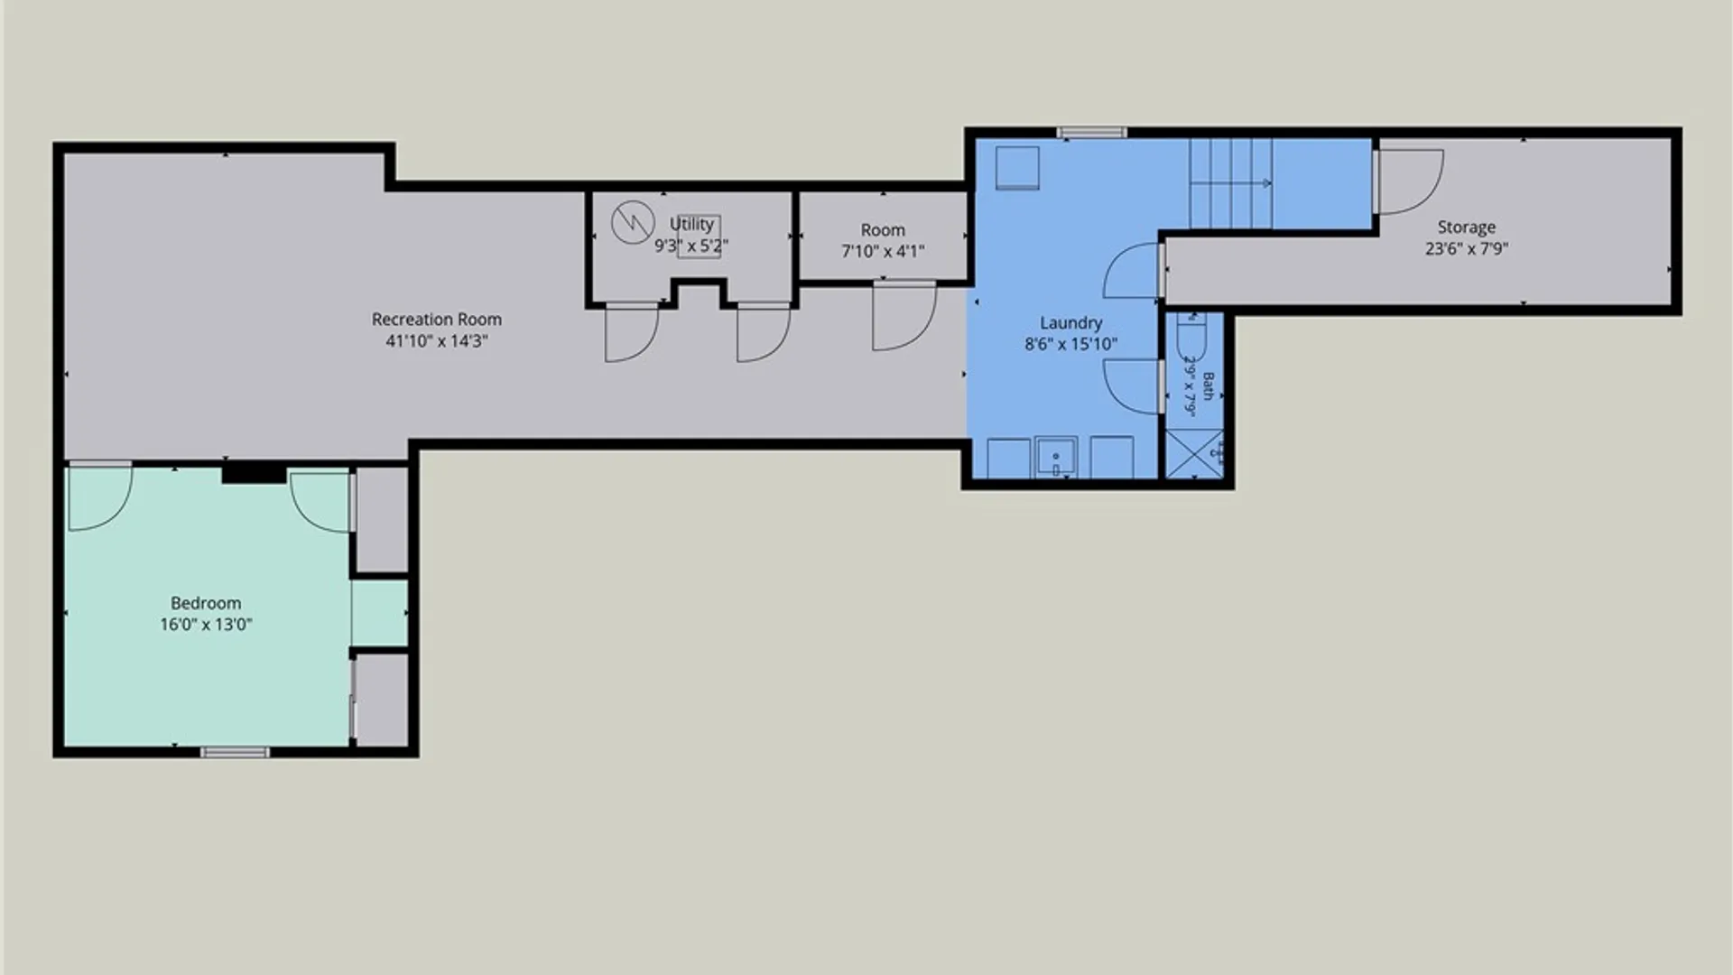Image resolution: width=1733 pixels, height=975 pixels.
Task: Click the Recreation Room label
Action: click(x=437, y=320)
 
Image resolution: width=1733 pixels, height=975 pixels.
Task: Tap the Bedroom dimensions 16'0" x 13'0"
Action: click(x=206, y=625)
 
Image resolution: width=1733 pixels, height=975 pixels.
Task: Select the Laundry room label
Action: click(x=1070, y=323)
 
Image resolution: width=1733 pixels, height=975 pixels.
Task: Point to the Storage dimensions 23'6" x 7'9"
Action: click(x=1467, y=249)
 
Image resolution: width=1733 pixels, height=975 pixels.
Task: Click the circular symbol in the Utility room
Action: click(x=633, y=222)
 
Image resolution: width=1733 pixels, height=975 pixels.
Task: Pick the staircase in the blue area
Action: click(x=1230, y=183)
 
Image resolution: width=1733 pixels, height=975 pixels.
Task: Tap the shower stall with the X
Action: click(x=1195, y=454)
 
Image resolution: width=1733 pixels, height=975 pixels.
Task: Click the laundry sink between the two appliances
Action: click(x=1056, y=458)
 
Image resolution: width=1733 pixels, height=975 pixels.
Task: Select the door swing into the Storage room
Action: click(x=1407, y=181)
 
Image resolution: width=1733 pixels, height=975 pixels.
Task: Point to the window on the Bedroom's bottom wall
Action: click(x=235, y=752)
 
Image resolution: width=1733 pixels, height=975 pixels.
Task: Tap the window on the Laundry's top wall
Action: click(x=1092, y=133)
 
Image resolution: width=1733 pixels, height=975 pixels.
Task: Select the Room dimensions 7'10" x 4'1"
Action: click(x=883, y=252)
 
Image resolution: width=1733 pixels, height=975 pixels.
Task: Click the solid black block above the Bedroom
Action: click(x=254, y=473)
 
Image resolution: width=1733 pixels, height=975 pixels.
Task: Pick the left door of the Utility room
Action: click(x=632, y=332)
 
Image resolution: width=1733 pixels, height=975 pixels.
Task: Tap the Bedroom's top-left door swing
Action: click(x=100, y=497)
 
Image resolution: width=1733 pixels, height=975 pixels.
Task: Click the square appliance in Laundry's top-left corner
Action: click(x=1017, y=168)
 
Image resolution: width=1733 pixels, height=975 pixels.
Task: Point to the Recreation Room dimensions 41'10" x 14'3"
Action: click(x=437, y=341)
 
